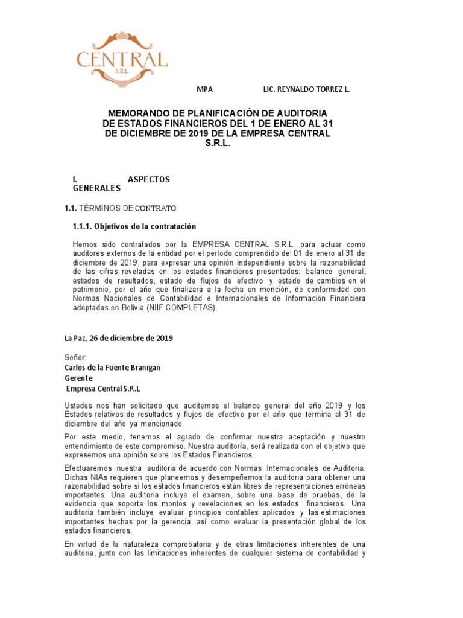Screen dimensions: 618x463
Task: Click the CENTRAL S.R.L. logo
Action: (122, 59)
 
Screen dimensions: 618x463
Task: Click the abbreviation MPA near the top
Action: (206, 89)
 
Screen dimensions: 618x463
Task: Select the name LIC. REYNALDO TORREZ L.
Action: (306, 89)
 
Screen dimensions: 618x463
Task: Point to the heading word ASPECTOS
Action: (149, 179)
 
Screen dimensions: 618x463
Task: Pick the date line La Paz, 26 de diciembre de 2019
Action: (118, 338)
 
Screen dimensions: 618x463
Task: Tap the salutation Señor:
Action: (75, 358)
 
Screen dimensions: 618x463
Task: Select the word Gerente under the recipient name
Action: (79, 378)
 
